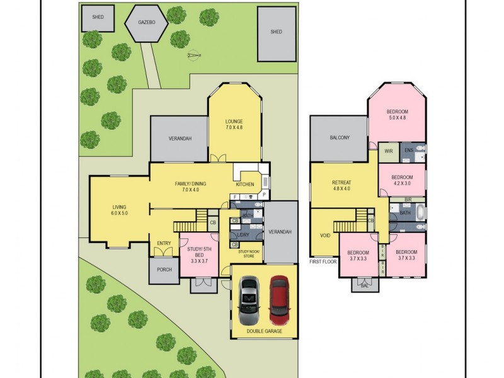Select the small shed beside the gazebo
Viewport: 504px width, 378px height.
98,18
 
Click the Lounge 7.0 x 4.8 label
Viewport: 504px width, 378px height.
234,125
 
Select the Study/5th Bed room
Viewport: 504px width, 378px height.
198,255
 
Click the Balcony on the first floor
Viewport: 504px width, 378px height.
339,138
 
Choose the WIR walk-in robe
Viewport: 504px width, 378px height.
388,151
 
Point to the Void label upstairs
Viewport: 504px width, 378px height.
324,236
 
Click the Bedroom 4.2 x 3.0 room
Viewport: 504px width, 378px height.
402,180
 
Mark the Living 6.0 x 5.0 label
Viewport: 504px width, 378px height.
120,210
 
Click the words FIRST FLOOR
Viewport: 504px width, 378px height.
323,261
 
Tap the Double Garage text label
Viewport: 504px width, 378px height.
265,331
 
